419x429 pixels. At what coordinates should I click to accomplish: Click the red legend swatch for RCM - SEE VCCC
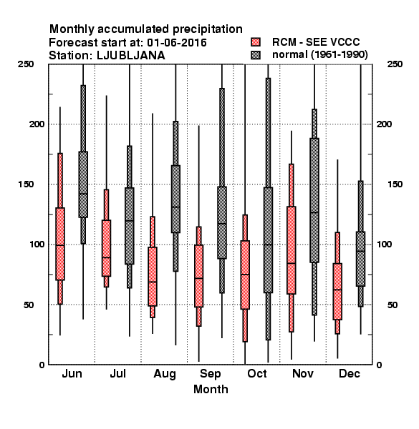256,42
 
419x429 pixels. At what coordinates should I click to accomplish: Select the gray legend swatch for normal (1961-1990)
256,55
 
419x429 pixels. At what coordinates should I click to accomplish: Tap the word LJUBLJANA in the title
131,56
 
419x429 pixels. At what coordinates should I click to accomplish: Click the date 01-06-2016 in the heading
177,43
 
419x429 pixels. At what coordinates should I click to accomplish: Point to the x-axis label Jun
72,373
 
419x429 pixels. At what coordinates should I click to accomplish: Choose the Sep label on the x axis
210,374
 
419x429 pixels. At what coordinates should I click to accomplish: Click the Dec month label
350,373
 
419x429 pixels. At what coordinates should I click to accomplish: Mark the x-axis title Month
211,389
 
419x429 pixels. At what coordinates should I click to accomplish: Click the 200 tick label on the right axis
384,124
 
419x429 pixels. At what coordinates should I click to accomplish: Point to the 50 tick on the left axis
29,305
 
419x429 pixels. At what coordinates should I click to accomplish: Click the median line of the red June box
60,245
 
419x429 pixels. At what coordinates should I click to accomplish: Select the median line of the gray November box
314,212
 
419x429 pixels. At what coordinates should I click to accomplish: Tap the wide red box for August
153,276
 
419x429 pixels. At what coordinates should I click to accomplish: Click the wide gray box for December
361,259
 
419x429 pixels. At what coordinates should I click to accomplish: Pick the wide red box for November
292,250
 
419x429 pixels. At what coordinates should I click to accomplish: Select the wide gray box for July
130,226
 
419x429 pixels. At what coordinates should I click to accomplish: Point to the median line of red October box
245,274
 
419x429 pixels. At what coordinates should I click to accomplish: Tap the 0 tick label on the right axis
379,365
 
